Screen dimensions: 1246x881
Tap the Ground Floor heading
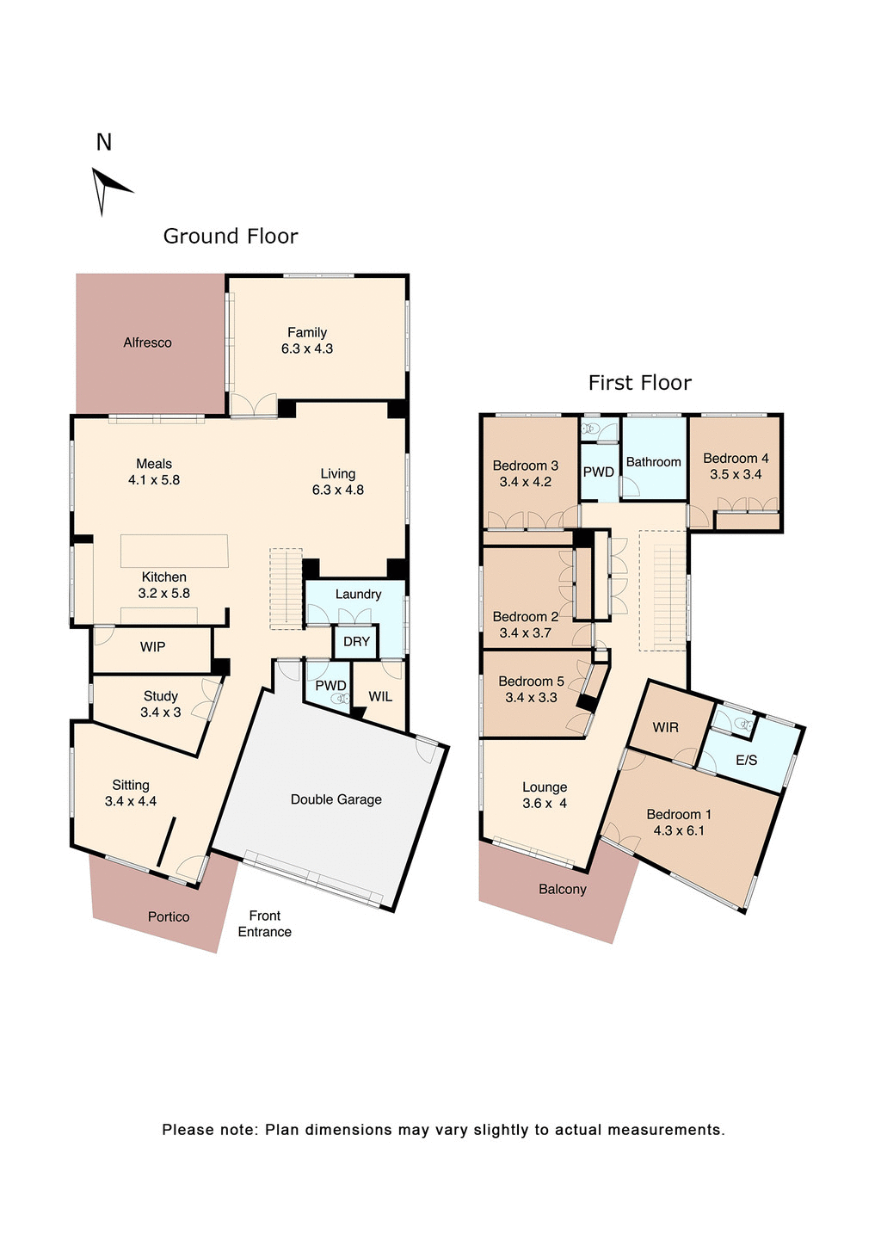[x=231, y=237]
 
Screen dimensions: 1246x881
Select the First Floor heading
[x=639, y=383]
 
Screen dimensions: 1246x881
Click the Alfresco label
[x=147, y=342]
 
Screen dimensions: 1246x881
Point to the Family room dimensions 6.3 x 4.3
[x=307, y=349]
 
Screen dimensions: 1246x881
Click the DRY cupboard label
[x=356, y=642]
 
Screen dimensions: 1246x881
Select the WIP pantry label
[x=152, y=647]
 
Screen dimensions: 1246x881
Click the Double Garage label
[x=336, y=799]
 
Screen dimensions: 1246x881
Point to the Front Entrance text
[x=264, y=924]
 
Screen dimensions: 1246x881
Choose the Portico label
[x=169, y=917]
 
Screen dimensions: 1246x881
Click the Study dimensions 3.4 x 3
[x=161, y=712]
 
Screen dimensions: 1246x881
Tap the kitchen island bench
[x=175, y=551]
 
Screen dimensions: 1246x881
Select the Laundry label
[x=358, y=595]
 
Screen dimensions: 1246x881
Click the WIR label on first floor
[x=665, y=728]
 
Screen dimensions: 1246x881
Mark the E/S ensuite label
[x=746, y=761]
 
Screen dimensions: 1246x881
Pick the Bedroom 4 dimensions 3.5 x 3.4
[x=736, y=474]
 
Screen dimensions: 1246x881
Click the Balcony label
[x=563, y=890]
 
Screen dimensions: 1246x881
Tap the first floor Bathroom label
[x=653, y=462]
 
